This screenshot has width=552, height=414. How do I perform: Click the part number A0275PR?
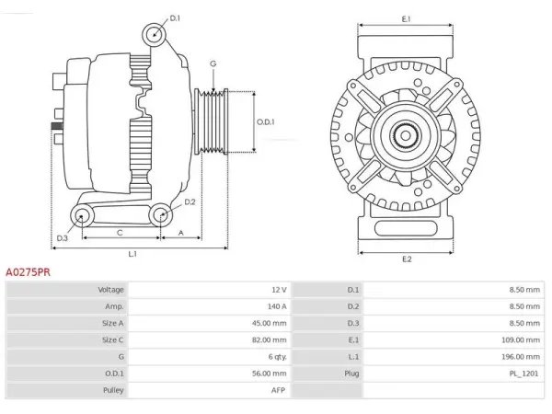28,272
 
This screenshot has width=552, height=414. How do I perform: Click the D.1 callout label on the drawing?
175,18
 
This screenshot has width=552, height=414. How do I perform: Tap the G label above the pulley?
213,63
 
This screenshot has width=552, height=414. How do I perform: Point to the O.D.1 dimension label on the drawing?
266,122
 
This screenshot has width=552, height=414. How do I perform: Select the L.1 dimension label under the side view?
132,254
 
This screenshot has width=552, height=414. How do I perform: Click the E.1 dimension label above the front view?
407,19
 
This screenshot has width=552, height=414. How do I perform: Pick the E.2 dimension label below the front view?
407,259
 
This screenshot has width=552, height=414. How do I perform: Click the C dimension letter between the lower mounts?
120,233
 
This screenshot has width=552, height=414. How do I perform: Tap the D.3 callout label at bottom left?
62,238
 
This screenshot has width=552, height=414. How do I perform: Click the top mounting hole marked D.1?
155,35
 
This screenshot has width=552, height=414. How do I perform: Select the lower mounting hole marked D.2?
161,214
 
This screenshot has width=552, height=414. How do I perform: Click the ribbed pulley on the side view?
212,121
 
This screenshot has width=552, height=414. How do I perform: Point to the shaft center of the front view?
406,136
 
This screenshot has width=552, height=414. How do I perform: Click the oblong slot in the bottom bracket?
406,228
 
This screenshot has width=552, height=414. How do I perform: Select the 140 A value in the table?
277,306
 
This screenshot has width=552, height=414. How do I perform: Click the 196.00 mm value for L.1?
521,357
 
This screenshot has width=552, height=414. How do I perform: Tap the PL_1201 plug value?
524,374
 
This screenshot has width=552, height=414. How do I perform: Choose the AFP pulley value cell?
210,390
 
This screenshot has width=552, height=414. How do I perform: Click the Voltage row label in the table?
111,290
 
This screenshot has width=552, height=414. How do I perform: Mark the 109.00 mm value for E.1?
521,340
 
